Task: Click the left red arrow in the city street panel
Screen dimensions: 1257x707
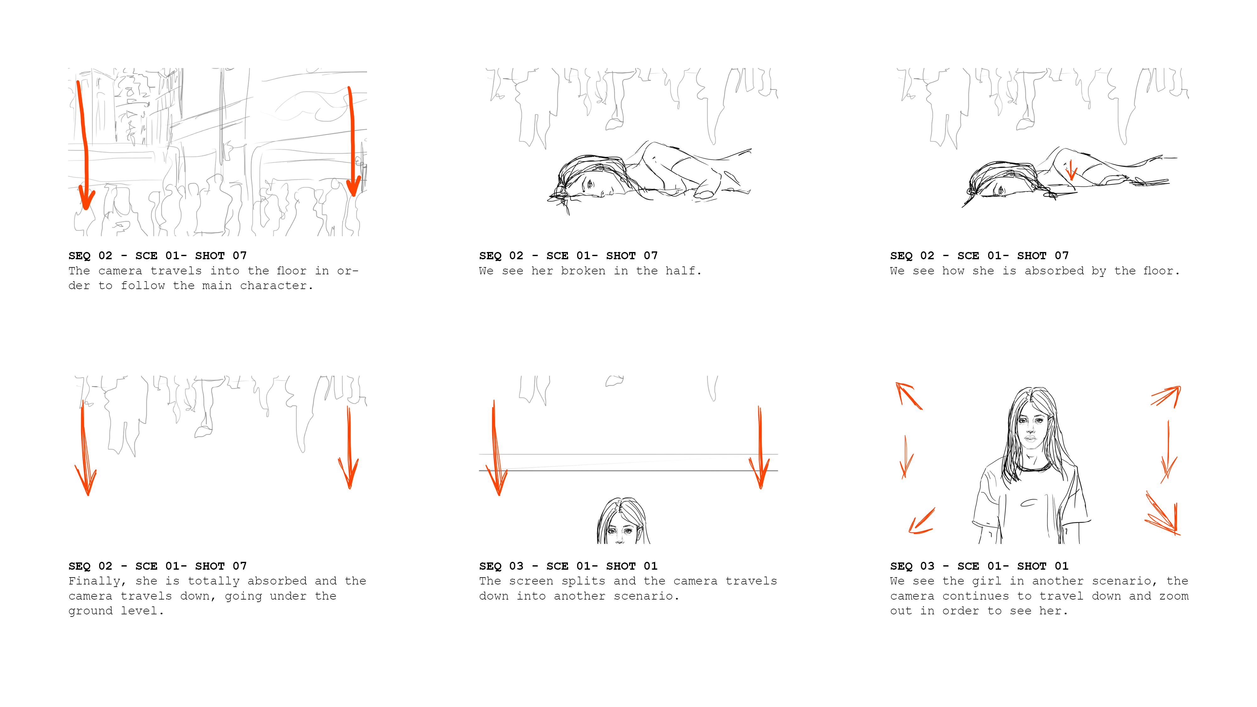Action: pyautogui.click(x=84, y=146)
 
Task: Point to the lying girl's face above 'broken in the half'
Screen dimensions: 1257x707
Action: pyautogui.click(x=593, y=185)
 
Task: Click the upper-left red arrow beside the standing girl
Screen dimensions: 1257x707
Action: pyautogui.click(x=908, y=396)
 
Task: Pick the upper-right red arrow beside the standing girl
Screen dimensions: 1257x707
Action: pyautogui.click(x=1166, y=396)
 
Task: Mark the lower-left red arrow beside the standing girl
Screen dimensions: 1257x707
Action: pyautogui.click(x=921, y=521)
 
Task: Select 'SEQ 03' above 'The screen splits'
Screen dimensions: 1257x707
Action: pyautogui.click(x=501, y=566)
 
